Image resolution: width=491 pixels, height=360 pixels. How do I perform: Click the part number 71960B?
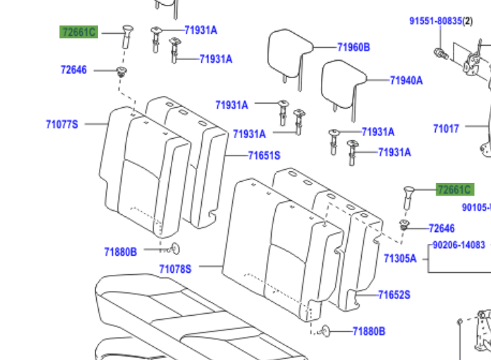pyautogui.click(x=353, y=48)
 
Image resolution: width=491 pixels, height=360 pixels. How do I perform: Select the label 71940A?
pyautogui.click(x=406, y=80)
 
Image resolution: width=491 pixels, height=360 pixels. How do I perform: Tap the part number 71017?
pyautogui.click(x=446, y=129)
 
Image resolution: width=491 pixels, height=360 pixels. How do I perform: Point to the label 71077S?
pyautogui.click(x=62, y=124)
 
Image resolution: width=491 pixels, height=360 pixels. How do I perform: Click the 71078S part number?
pyautogui.click(x=175, y=269)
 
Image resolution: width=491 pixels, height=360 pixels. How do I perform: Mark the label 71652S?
pyautogui.click(x=393, y=295)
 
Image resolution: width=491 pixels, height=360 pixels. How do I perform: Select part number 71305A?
pyautogui.click(x=400, y=258)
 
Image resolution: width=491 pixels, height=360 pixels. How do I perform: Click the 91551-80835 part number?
pyautogui.click(x=435, y=21)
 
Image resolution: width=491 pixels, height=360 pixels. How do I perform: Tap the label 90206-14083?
pyautogui.click(x=459, y=245)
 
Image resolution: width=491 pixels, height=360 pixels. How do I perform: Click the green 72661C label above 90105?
pyautogui.click(x=454, y=190)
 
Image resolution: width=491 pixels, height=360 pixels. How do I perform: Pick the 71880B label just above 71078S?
pyautogui.click(x=120, y=252)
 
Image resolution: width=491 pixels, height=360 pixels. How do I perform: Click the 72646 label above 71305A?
pyautogui.click(x=441, y=229)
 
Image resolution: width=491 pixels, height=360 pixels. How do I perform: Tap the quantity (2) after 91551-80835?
pyautogui.click(x=467, y=21)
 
